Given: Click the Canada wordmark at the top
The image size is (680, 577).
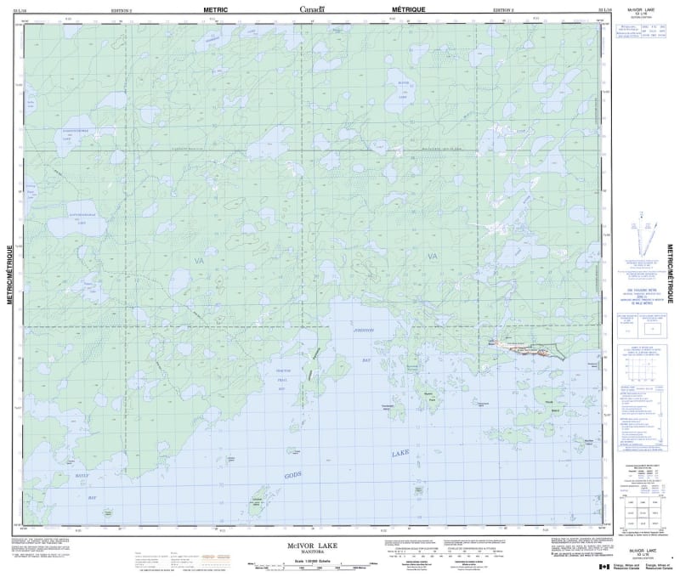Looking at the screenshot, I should [x=314, y=8].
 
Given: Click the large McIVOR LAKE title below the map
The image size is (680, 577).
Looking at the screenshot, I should [x=314, y=540].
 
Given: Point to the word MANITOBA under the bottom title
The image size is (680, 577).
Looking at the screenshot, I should [x=314, y=548].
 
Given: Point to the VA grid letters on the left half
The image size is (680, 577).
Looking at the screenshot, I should [x=198, y=259].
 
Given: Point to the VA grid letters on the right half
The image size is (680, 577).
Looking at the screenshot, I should [x=432, y=256].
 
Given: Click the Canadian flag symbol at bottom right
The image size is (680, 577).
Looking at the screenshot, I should [x=604, y=567].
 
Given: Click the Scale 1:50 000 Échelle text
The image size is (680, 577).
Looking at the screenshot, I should [x=314, y=558].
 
